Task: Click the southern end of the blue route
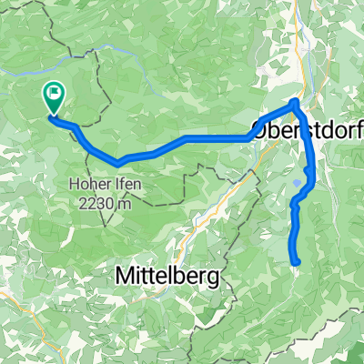pyautogui.click(x=298, y=262)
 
